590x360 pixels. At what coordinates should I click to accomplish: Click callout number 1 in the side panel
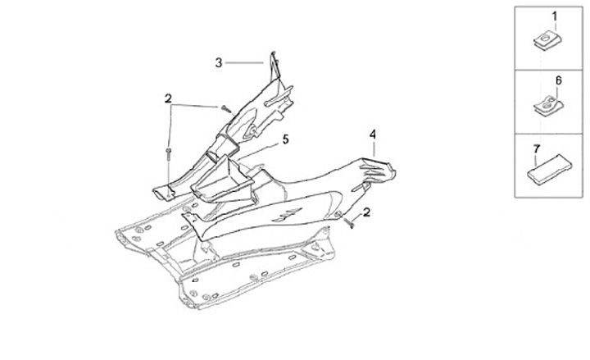coord(554,16)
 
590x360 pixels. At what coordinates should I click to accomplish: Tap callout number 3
coord(219,62)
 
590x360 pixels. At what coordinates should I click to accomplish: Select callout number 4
coord(372,133)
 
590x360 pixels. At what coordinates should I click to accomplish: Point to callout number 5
coord(286,139)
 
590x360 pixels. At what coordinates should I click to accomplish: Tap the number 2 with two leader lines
coord(168,98)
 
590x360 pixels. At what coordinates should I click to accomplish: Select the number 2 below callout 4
coord(366,212)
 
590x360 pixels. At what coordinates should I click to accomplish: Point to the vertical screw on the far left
coord(167,153)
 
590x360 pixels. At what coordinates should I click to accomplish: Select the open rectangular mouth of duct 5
coord(220,185)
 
